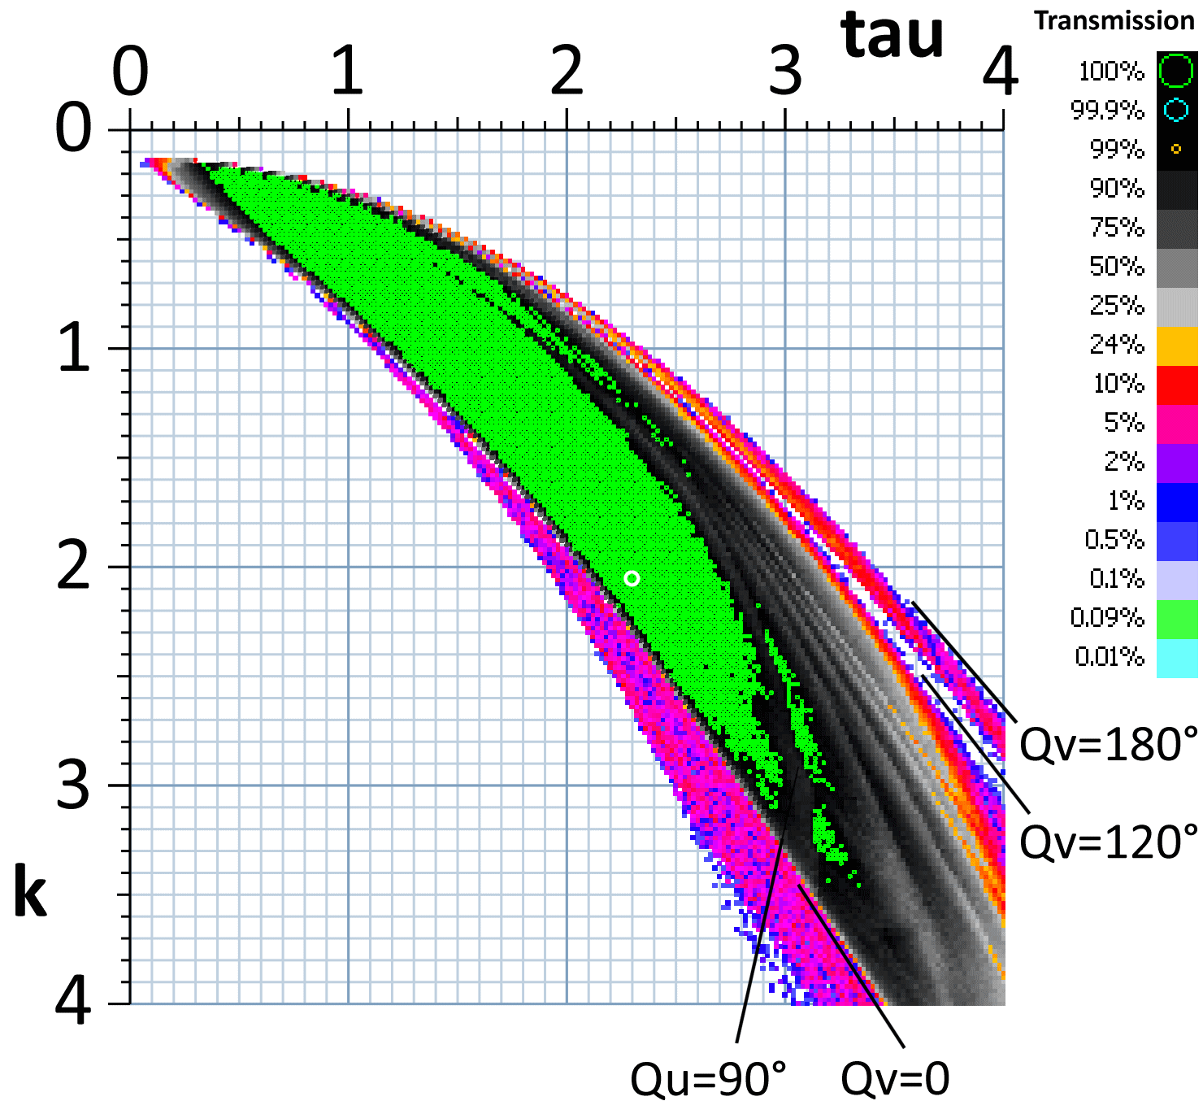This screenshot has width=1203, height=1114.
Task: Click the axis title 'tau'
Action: pyautogui.click(x=892, y=37)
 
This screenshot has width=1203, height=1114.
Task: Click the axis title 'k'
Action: pyautogui.click(x=30, y=894)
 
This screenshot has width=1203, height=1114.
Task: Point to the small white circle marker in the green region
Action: pyautogui.click(x=632, y=579)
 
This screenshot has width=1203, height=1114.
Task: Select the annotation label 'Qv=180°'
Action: pyautogui.click(x=1108, y=744)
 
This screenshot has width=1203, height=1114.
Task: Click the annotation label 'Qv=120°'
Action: pyautogui.click(x=1108, y=842)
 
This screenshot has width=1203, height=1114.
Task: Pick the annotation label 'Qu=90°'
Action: pyautogui.click(x=709, y=1079)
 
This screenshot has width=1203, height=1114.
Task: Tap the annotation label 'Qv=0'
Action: pyautogui.click(x=895, y=1079)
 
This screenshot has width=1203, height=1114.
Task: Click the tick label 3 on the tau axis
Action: pyautogui.click(x=785, y=72)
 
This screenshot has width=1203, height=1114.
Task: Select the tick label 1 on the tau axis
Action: pyautogui.click(x=347, y=72)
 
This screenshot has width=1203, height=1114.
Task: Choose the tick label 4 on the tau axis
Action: pyautogui.click(x=1000, y=72)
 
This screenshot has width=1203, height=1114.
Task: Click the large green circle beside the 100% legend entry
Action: pyautogui.click(x=1175, y=70)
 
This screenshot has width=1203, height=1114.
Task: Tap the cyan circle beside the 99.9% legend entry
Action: pyautogui.click(x=1175, y=111)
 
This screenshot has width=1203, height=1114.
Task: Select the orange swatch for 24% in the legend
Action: pyautogui.click(x=1176, y=345)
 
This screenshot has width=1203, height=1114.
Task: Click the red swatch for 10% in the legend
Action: pyautogui.click(x=1176, y=384)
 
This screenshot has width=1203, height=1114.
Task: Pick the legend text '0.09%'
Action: pyautogui.click(x=1106, y=618)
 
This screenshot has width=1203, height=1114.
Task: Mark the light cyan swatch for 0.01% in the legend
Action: pyautogui.click(x=1176, y=657)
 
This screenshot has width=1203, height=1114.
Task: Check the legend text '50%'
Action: pyautogui.click(x=1116, y=267)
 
